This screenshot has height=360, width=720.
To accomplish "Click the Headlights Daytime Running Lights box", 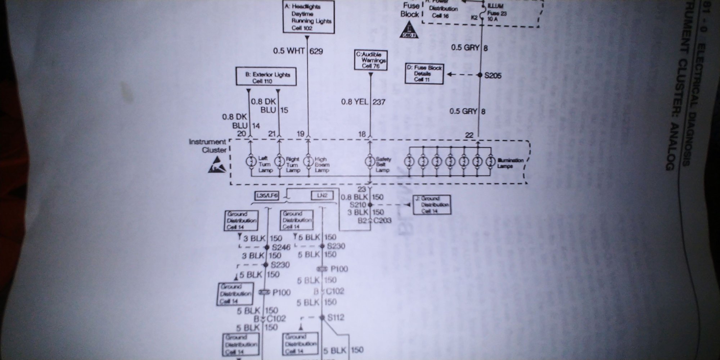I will [x=308, y=17].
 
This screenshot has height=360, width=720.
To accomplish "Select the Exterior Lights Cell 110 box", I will [x=266, y=77].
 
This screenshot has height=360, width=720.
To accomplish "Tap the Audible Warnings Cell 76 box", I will [x=371, y=60].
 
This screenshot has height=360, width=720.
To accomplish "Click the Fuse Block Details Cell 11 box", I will [x=424, y=74].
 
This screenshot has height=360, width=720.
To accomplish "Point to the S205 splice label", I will [x=493, y=76].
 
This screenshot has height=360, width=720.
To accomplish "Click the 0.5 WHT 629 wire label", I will [x=298, y=51].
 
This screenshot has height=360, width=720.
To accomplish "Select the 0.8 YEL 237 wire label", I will [x=363, y=102].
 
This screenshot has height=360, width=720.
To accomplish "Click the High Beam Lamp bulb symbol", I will [x=308, y=161].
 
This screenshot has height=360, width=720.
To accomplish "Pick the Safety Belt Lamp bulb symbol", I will [x=369, y=161].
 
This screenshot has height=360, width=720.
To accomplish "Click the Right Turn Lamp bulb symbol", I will [x=279, y=161].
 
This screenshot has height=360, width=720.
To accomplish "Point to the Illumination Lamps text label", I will [x=510, y=163].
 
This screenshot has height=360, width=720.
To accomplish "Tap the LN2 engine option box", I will [x=321, y=196].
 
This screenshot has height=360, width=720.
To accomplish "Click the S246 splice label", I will [x=281, y=247].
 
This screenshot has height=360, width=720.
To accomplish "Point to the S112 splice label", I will [x=336, y=318].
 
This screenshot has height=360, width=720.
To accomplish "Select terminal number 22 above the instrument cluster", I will [x=469, y=135].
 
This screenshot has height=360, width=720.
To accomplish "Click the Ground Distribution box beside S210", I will [x=431, y=204].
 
